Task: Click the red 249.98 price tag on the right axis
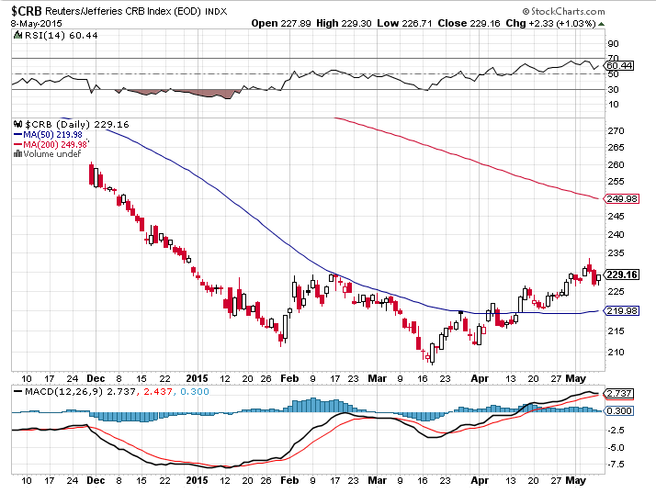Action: click(x=619, y=197)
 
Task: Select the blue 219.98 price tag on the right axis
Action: click(x=619, y=311)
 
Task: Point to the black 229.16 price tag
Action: click(x=619, y=274)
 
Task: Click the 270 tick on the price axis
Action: click(x=616, y=131)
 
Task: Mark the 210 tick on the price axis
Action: click(x=616, y=353)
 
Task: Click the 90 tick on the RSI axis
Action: click(x=614, y=43)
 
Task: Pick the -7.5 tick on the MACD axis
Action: click(x=616, y=465)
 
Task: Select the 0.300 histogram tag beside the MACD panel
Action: click(x=619, y=410)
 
